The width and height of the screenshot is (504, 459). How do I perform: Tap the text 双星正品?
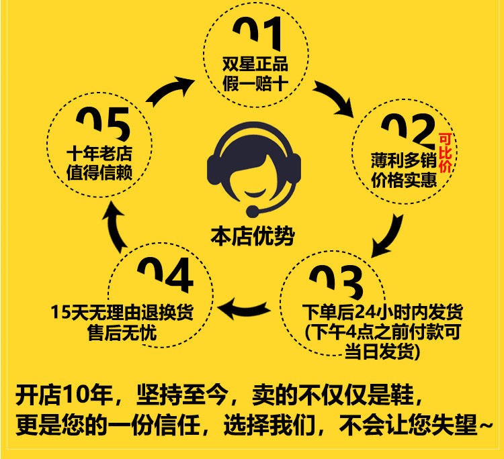255,65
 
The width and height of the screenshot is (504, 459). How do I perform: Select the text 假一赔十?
255,85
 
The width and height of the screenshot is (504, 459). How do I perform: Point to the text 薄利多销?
403,160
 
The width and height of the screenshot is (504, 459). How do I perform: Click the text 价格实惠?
403,180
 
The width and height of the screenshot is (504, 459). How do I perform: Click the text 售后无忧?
122,332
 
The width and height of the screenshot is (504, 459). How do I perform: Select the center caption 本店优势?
252,236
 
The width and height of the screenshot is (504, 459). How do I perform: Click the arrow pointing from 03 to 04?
245,308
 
